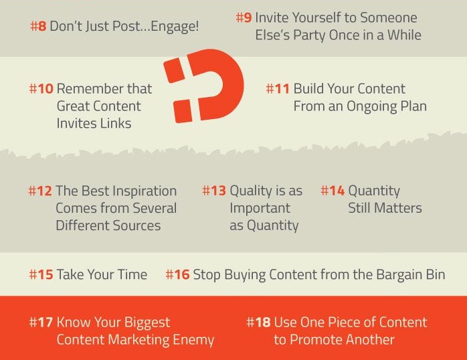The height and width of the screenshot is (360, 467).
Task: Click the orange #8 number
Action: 38,26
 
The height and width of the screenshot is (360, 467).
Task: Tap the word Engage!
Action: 175,27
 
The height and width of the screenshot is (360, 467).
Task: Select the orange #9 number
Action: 244,17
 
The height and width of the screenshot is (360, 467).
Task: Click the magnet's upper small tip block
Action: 174,70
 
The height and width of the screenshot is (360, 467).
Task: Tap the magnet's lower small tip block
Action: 182,111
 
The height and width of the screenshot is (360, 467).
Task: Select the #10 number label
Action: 41,89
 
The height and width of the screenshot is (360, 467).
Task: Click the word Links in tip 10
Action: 116,124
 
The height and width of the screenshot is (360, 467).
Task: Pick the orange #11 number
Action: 278,89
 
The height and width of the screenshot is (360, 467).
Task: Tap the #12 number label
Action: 40,191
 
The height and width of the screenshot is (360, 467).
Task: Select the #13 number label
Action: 214,191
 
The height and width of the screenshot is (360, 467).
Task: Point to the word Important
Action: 260,208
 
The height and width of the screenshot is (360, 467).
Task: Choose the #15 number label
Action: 41,274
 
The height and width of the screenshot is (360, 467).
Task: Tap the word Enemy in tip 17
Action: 193,341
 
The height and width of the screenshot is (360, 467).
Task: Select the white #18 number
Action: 258,323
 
